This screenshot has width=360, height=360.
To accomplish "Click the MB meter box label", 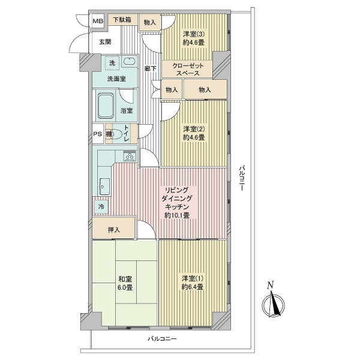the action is (x=98, y=21).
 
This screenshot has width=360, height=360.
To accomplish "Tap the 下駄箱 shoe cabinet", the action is (x=122, y=20).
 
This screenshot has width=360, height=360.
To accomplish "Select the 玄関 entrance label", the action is (x=105, y=42).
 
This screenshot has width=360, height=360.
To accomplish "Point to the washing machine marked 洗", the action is (x=112, y=62).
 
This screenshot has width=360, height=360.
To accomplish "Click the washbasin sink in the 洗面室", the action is (x=130, y=62).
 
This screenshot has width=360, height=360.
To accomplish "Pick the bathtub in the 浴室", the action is (x=105, y=106).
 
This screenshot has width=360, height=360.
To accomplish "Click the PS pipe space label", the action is (x=98, y=134).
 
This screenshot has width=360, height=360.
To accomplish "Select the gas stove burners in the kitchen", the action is (x=130, y=156).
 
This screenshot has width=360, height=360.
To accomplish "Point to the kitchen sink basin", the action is (x=104, y=186).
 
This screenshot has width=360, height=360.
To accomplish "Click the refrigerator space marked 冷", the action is (x=101, y=206).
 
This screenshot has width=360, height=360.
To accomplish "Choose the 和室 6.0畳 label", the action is (x=125, y=283).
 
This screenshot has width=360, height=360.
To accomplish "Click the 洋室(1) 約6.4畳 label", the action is (x=193, y=283).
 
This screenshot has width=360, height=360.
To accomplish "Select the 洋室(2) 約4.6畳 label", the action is (x=194, y=133).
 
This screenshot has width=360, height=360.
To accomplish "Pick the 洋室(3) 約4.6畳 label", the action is (x=194, y=38).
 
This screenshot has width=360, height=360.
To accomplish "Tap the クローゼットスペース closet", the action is (x=187, y=69).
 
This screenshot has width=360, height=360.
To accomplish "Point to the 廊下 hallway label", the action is (x=151, y=68).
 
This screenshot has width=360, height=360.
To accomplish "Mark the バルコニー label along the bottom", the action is (x=162, y=338).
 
